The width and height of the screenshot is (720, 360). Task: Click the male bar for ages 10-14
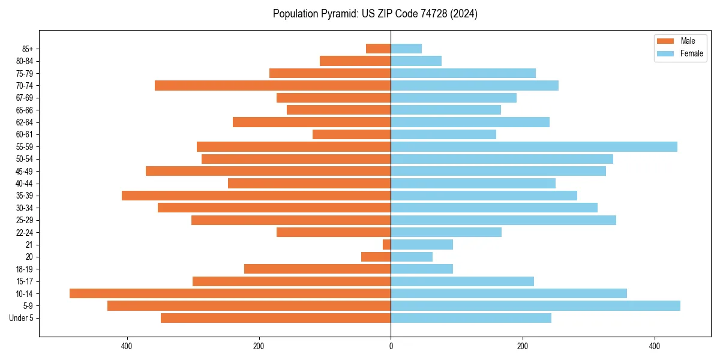coord(230,293)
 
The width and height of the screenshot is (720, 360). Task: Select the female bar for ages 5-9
coord(535,305)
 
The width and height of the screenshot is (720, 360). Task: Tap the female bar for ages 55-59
coord(534,146)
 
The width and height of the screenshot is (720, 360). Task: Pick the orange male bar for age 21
coord(387,244)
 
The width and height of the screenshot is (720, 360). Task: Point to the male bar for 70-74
coord(272,85)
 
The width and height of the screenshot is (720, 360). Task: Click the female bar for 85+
coord(406,49)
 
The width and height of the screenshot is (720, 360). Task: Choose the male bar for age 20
coord(376,257)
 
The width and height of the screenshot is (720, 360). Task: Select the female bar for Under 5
coord(471,318)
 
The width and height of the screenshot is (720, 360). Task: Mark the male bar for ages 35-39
coord(256,196)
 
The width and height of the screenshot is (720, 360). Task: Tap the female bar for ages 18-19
coord(422,269)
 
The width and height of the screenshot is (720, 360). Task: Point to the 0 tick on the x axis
coord(391,346)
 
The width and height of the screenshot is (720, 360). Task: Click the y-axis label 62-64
coord(25,122)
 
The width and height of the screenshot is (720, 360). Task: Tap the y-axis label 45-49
coord(25,171)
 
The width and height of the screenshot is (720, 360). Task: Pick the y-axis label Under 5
coord(22,318)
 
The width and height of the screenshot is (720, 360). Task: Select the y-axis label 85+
coord(27,49)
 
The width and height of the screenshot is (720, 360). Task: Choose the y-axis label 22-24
coord(25,232)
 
